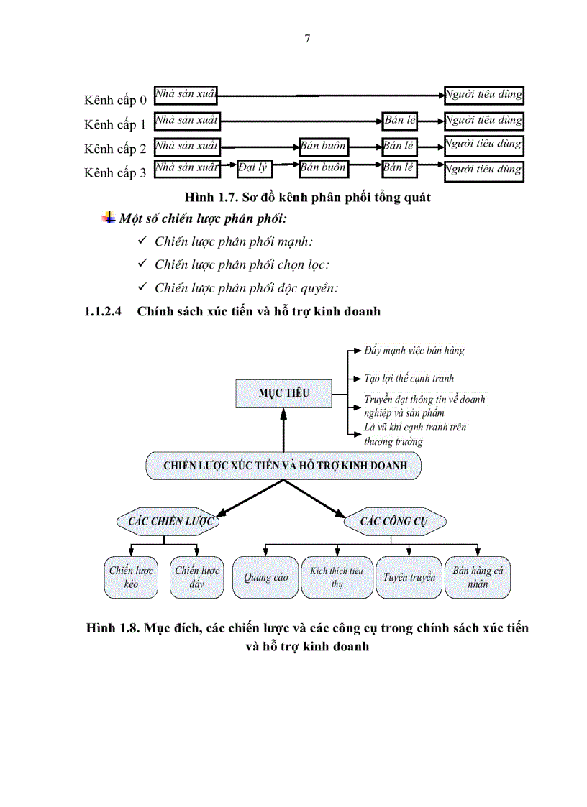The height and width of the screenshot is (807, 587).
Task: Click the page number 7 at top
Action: pyautogui.click(x=308, y=39)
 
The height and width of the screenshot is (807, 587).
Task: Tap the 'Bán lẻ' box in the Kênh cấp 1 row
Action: pyautogui.click(x=399, y=121)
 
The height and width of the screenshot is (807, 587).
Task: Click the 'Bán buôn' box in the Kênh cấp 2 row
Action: pyautogui.click(x=324, y=147)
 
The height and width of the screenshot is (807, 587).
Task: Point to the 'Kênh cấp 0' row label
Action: pyautogui.click(x=115, y=100)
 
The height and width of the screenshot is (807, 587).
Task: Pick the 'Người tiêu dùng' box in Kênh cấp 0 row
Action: pyautogui.click(x=483, y=95)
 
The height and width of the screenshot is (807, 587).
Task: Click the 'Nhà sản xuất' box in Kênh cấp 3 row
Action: pyautogui.click(x=187, y=169)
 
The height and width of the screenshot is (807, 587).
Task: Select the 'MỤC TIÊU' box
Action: pyautogui.click(x=283, y=393)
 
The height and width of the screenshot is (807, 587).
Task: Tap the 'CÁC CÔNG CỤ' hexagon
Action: pyautogui.click(x=393, y=521)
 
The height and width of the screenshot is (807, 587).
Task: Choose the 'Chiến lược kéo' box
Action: pyautogui.click(x=131, y=577)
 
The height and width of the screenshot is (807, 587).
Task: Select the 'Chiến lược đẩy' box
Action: pyautogui.click(x=197, y=577)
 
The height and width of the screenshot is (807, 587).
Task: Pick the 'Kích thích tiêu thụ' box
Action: pyautogui.click(x=337, y=577)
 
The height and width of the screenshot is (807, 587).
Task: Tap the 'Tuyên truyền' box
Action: pyautogui.click(x=409, y=577)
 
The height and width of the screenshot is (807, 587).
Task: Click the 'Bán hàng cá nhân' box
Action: pyautogui.click(x=478, y=577)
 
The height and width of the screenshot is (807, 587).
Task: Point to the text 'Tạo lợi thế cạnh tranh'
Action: pyautogui.click(x=409, y=378)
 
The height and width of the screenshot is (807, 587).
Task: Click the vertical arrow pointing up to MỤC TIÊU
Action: pyautogui.click(x=284, y=431)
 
